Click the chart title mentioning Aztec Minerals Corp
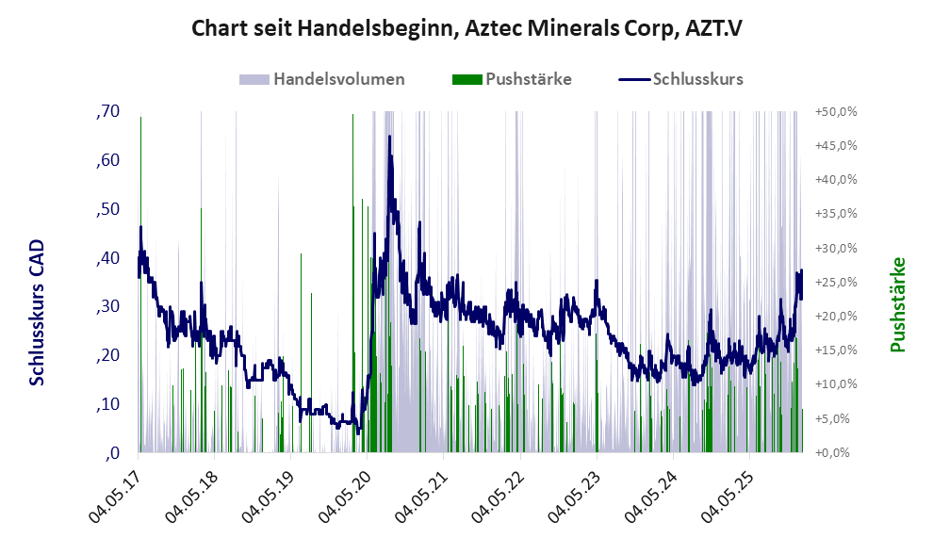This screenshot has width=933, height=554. coord(466,28)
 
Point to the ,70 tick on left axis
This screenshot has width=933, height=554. coord(107,111)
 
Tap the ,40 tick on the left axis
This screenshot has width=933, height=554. coord(107,257)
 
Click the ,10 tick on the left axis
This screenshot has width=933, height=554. coord(107,403)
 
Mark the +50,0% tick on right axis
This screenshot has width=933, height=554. coord(835,111)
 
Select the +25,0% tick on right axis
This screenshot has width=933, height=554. coord(835,282)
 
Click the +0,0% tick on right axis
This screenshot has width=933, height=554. coord(837,452)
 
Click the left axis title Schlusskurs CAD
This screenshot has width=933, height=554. coord(37,312)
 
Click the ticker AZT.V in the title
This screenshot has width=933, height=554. coord(707,28)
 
